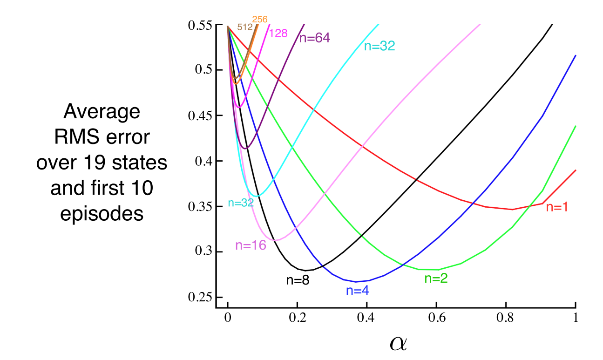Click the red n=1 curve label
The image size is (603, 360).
click(556, 208)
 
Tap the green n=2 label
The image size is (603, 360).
click(436, 278)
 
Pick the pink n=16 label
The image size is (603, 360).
click(251, 246)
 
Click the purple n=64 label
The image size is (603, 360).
click(314, 38)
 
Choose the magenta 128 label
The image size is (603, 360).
click(278, 34)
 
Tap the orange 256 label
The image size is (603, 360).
click(260, 20)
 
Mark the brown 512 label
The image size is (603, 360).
click(244, 27)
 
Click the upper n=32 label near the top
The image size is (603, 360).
click(379, 46)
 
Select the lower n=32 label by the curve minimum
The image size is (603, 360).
click(240, 203)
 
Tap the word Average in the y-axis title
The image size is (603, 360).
click(102, 112)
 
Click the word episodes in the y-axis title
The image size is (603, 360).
click(102, 214)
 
